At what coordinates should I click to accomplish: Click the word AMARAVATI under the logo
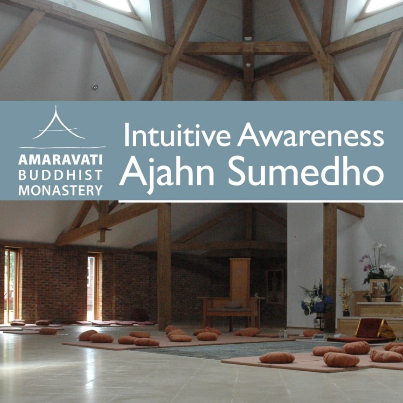pos(61,160)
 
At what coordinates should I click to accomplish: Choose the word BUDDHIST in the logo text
pos(61,175)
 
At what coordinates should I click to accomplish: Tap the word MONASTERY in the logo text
pos(61,190)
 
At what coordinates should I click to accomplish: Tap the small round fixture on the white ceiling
pos(95,87)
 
